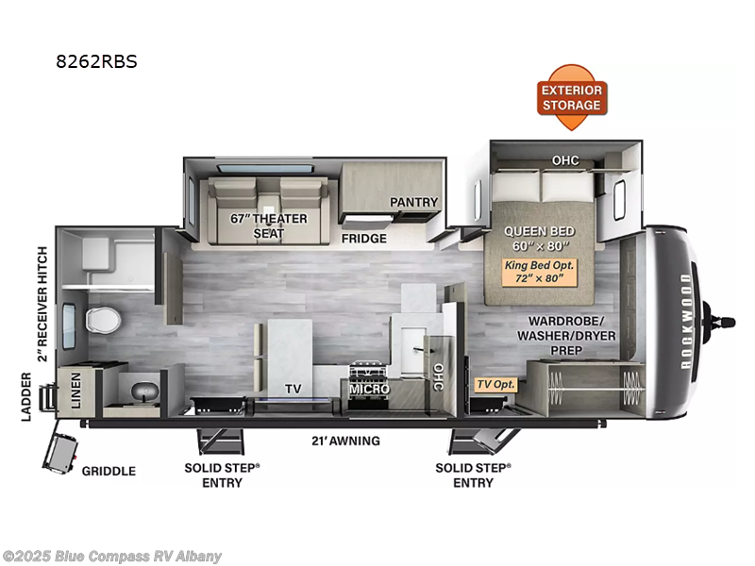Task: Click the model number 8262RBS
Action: (96, 63)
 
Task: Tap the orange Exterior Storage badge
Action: (571, 97)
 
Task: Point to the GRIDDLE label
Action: (108, 471)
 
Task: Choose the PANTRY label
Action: (414, 202)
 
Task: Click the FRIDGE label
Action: (364, 239)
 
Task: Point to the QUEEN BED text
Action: (540, 230)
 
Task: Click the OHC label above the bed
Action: (565, 159)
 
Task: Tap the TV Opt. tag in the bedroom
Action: (495, 385)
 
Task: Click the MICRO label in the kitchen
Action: (369, 389)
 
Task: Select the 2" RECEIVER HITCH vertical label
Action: (42, 303)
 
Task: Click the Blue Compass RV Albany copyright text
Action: (112, 556)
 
